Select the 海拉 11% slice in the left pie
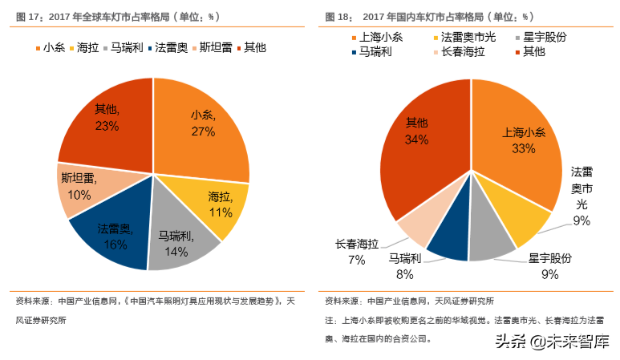click(218, 204)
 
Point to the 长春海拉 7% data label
click(357, 251)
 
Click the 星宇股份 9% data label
click(549, 266)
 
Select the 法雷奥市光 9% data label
click(582, 196)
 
